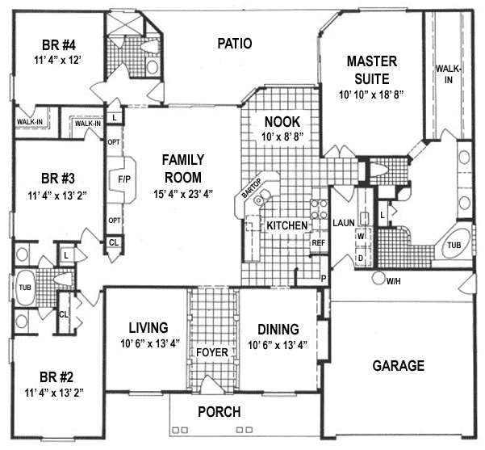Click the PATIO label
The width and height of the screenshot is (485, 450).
point(236,44)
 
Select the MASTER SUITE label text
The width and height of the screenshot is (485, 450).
point(368,69)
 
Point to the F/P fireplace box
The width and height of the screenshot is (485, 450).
point(124,179)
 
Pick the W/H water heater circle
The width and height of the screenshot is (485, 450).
point(377,280)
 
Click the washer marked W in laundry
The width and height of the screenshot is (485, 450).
point(361,235)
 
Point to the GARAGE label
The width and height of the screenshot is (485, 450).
point(398,366)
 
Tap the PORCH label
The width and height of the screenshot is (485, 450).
point(219,412)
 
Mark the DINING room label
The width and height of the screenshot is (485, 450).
point(278,329)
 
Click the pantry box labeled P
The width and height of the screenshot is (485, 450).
point(324,278)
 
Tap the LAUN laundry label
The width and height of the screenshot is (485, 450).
point(345,221)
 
